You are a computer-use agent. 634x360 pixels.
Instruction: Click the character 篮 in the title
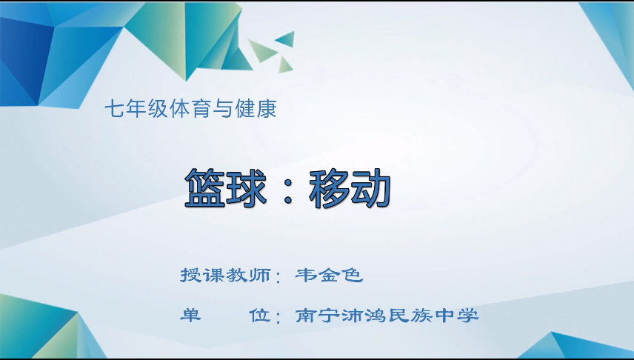pyautogui.click(x=204, y=188)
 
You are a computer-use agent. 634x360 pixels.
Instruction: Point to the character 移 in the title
pyautogui.click(x=329, y=188)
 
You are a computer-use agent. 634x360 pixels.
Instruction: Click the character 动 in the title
pyautogui.click(x=370, y=188)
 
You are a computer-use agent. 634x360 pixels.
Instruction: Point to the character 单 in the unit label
pyautogui.click(x=190, y=316)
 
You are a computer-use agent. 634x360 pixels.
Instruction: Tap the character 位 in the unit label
pyautogui.click(x=259, y=316)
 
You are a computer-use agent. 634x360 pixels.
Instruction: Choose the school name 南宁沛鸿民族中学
pyautogui.click(x=387, y=316)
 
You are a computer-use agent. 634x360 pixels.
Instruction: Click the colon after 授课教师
pyautogui.click(x=278, y=279)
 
